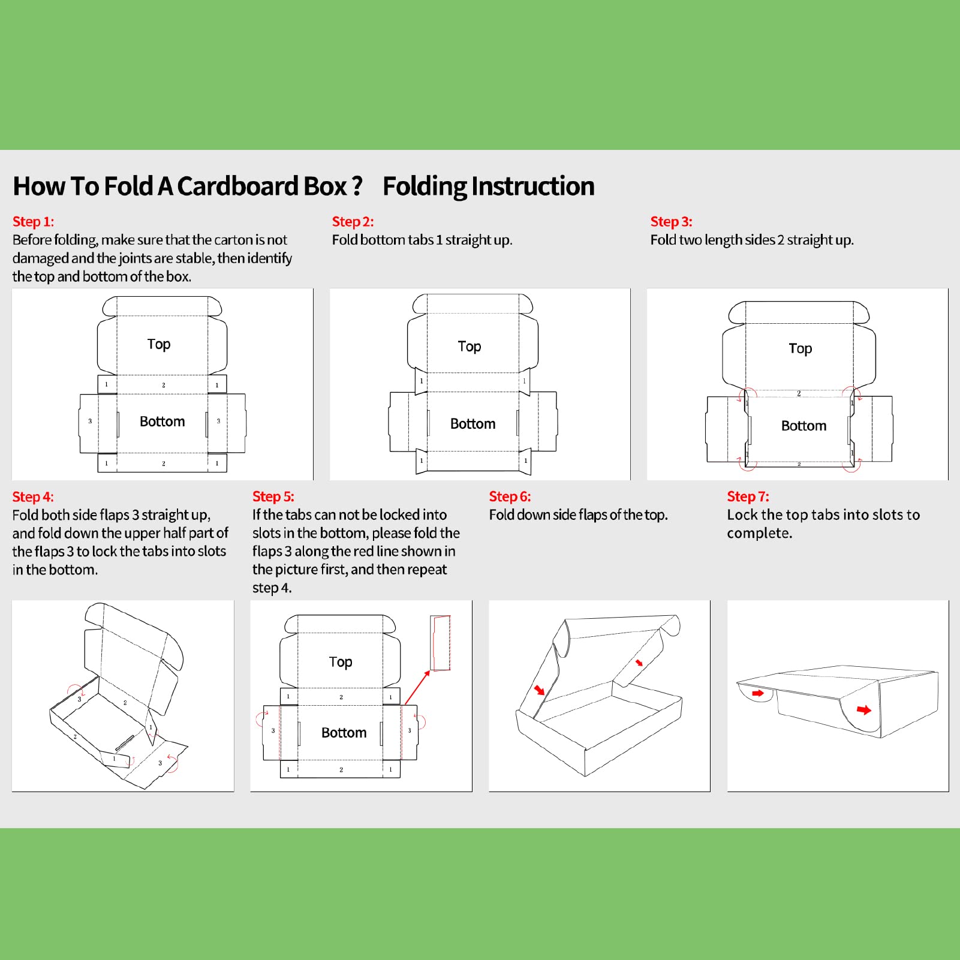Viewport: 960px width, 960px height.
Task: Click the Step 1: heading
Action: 33,222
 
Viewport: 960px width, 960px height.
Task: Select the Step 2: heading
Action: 353,222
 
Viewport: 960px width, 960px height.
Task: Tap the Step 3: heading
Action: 671,222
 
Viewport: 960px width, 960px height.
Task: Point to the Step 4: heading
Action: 33,497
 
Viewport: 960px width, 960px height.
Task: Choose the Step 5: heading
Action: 273,496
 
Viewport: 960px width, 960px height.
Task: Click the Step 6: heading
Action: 510,496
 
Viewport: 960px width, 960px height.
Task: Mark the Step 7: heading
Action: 748,496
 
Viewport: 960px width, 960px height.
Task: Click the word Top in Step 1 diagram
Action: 159,344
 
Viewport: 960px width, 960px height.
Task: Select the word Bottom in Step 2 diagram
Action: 473,424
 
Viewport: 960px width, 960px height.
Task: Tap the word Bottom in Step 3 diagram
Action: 803,426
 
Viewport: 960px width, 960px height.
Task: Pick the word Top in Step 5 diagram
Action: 341,662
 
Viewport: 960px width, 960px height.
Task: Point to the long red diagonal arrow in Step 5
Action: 417,687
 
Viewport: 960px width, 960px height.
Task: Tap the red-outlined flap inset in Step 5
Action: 441,642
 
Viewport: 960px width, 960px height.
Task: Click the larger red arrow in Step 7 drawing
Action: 863,710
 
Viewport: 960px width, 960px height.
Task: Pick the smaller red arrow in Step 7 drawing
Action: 758,693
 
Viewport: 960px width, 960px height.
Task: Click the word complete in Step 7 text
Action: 759,534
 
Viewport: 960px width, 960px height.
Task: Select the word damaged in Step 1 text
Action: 40,258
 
